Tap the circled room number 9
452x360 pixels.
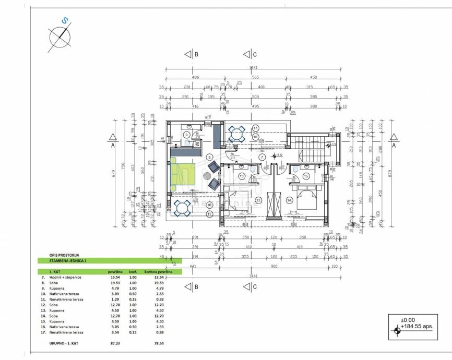tap(186, 134)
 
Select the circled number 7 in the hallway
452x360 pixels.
tap(263, 157)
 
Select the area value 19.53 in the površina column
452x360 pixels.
tap(115, 282)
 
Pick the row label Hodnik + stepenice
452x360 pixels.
tap(65, 277)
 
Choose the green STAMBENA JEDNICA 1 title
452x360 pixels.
tap(67, 260)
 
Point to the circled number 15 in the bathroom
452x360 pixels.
tap(306, 176)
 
